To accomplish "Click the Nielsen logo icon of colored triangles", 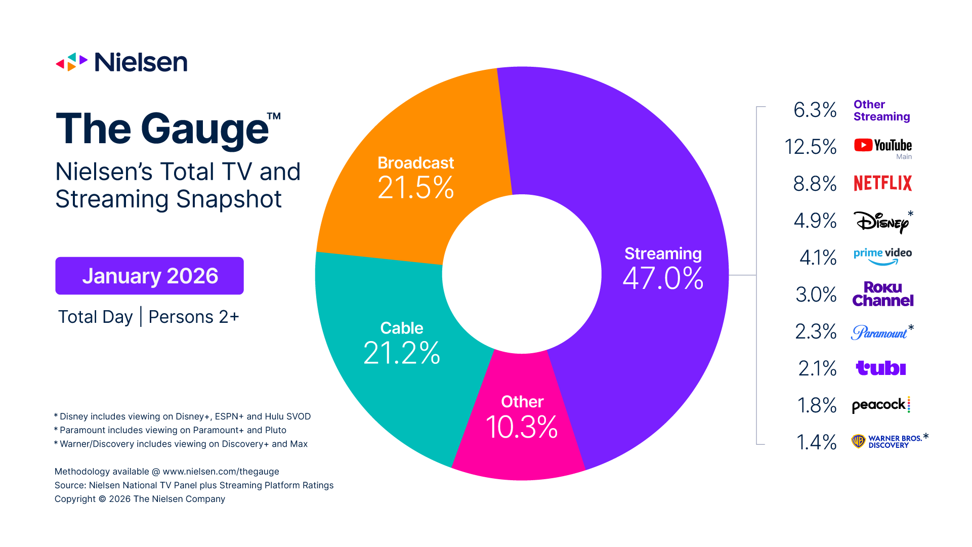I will pyautogui.click(x=71, y=62).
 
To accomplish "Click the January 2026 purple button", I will pyautogui.click(x=149, y=276).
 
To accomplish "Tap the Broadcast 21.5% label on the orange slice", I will pyautogui.click(x=415, y=178).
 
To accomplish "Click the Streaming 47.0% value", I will pyautogui.click(x=663, y=278).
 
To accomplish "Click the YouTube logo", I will pyautogui.click(x=882, y=146).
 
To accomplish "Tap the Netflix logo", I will pyautogui.click(x=882, y=183).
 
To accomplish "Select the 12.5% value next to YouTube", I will pyautogui.click(x=810, y=147).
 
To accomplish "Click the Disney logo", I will pyautogui.click(x=881, y=222).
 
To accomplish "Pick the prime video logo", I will pyautogui.click(x=882, y=256).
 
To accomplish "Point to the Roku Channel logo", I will pyautogui.click(x=882, y=294).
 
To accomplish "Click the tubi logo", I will pyautogui.click(x=880, y=368).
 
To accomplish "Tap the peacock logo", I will pyautogui.click(x=880, y=405).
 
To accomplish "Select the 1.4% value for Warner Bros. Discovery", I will pyautogui.click(x=816, y=442).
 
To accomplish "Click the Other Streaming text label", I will pyautogui.click(x=881, y=110).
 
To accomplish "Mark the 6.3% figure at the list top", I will pyautogui.click(x=815, y=110).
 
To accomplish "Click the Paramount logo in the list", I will pyautogui.click(x=880, y=332).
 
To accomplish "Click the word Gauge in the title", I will pyautogui.click(x=204, y=130).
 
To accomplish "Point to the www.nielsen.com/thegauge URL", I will pyautogui.click(x=221, y=472).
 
